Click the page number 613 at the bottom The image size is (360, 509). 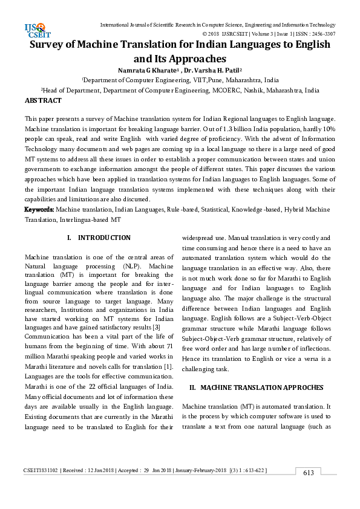point(309,473)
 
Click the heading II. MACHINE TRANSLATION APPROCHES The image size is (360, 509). point(257,387)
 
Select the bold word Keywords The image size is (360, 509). point(39,209)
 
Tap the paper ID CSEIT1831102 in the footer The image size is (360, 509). point(41,471)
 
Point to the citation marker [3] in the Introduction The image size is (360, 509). point(155,327)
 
